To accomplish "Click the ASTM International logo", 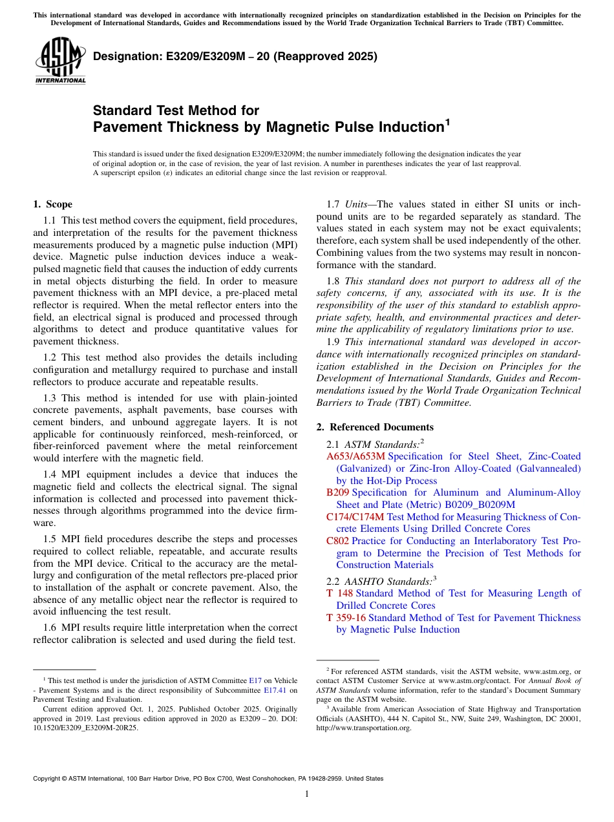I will [x=59, y=61].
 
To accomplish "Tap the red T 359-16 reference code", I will [x=346, y=618].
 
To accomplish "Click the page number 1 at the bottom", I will [x=307, y=794].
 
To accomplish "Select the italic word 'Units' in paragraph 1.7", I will [x=355, y=204].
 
